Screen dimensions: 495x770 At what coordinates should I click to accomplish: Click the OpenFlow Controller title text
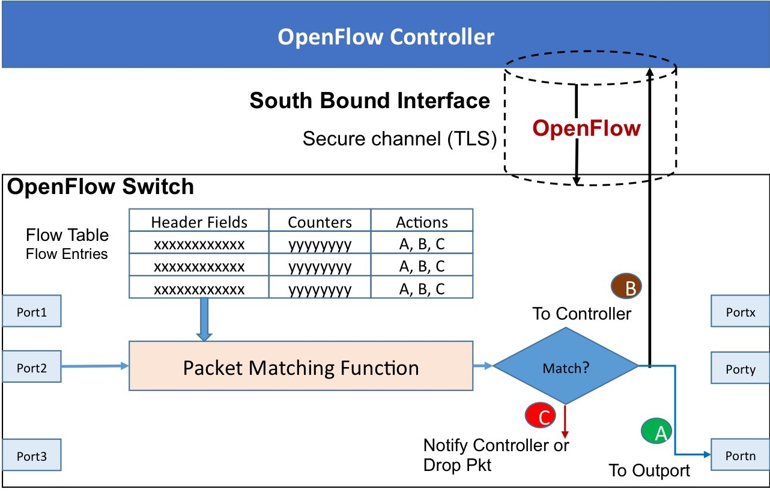point(386,37)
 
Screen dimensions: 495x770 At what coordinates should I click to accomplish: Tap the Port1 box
point(31,311)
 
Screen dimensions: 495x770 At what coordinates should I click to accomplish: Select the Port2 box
point(31,368)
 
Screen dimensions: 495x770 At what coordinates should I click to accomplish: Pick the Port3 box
point(31,456)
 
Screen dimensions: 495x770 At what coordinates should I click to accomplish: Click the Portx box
point(740,312)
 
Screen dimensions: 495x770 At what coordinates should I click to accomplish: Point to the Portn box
point(740,456)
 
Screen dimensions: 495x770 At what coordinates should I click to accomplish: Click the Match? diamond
point(565,367)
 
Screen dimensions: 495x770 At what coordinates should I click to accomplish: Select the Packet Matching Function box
point(301,366)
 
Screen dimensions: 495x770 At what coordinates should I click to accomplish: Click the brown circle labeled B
point(626,287)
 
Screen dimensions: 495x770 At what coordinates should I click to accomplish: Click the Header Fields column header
point(199,222)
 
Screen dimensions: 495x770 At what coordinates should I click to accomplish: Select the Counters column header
point(320,222)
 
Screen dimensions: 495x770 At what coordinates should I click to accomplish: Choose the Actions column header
point(422,222)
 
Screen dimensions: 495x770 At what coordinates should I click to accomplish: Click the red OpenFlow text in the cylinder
point(587,128)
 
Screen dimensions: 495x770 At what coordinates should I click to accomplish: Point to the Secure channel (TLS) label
point(399,139)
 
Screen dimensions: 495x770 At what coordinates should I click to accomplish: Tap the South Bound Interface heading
point(369,100)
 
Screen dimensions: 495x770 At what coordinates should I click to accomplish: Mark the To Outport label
point(649,470)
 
